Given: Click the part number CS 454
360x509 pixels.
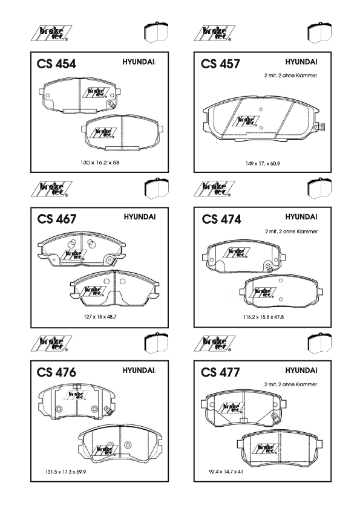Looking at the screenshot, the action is click(x=56, y=63).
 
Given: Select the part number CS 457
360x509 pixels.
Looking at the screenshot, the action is click(x=220, y=63).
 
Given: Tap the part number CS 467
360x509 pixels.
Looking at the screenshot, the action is click(x=56, y=219).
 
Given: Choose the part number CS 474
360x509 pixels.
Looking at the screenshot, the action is click(x=221, y=219).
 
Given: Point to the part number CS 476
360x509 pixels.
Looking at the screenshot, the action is click(x=56, y=372).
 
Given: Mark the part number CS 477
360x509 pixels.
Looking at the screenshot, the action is click(x=220, y=372).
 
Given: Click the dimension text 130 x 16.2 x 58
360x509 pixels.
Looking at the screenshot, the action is click(x=100, y=162).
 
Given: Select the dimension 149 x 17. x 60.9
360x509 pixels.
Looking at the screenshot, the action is click(x=263, y=163).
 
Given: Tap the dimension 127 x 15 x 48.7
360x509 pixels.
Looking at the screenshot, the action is click(x=100, y=317).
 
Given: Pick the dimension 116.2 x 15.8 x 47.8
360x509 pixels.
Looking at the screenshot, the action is click(x=263, y=317).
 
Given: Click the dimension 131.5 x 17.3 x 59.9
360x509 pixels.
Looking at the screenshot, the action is click(x=65, y=472).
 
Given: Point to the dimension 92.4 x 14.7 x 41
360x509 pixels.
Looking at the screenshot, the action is click(x=226, y=472).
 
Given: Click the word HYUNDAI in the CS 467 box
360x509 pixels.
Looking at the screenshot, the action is click(x=139, y=217).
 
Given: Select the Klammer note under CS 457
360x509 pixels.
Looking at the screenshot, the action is click(x=290, y=76).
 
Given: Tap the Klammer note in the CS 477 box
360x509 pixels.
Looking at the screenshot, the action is click(x=290, y=384).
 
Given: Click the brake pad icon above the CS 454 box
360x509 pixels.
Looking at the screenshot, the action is click(x=156, y=32).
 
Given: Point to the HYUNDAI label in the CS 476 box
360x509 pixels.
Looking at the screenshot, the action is click(x=139, y=371).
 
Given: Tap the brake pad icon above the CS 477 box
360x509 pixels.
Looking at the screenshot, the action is click(x=319, y=343).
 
